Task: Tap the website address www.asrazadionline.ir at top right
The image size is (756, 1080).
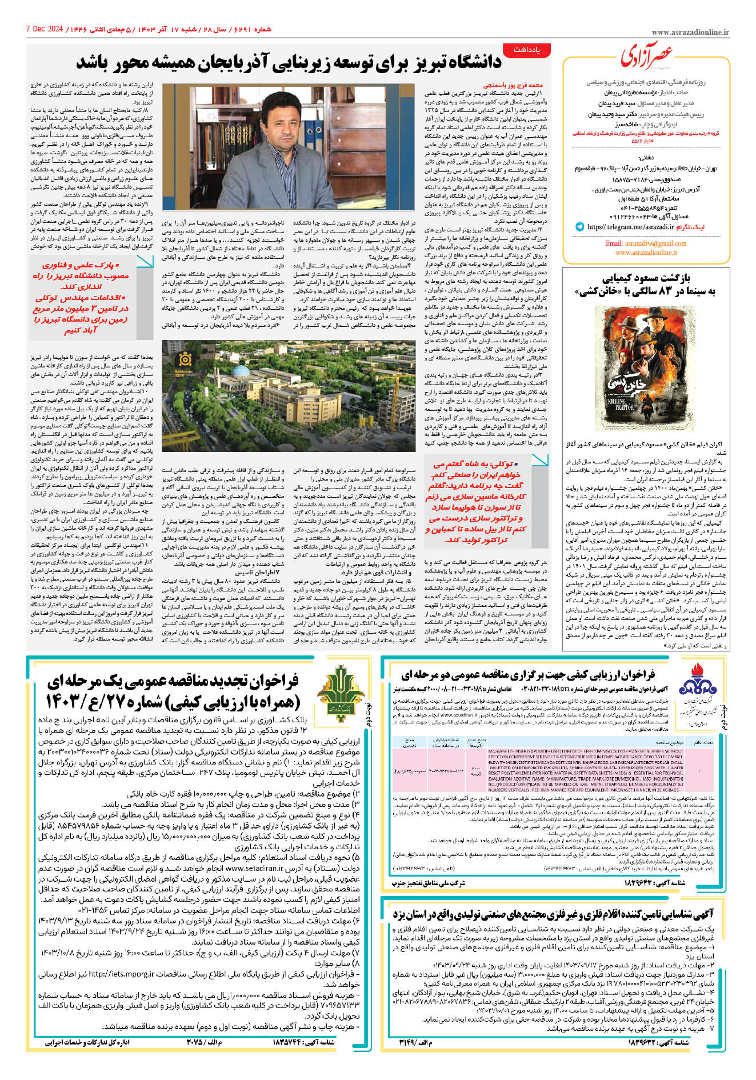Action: click(x=690, y=33)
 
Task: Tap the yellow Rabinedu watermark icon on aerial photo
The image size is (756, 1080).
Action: click(x=184, y=360)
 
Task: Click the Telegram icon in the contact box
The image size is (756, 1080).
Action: click(x=580, y=227)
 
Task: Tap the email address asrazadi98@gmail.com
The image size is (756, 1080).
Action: click(x=646, y=243)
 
